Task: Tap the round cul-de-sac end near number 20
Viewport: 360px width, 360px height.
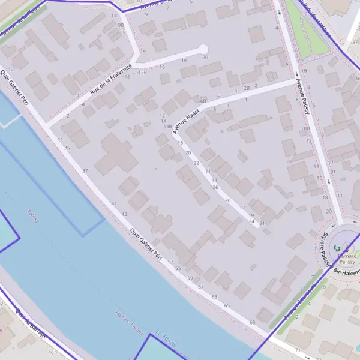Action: click(203, 49)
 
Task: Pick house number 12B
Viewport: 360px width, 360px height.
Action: click(142, 72)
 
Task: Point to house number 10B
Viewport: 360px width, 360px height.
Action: click(305, 128)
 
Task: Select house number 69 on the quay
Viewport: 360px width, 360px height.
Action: click(252, 323)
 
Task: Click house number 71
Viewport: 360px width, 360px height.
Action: click(297, 349)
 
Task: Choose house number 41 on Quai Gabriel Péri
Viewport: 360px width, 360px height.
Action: click(114, 203)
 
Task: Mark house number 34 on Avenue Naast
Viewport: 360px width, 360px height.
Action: click(251, 221)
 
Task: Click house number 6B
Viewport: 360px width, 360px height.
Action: click(203, 100)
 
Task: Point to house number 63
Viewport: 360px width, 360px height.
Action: click(214, 297)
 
